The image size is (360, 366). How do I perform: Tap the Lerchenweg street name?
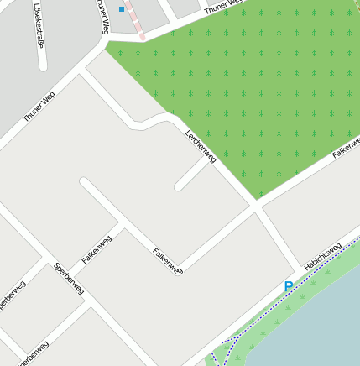coord(201,145)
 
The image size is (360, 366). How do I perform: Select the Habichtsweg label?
coord(322,257)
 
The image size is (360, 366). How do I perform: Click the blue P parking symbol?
coord(289,287)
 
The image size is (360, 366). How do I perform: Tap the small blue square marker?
coord(122,9)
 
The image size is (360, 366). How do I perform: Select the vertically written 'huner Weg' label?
coord(104,16)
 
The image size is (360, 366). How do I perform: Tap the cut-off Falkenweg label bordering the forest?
coord(346,148)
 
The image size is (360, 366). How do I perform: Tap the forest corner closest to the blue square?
coord(107,47)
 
